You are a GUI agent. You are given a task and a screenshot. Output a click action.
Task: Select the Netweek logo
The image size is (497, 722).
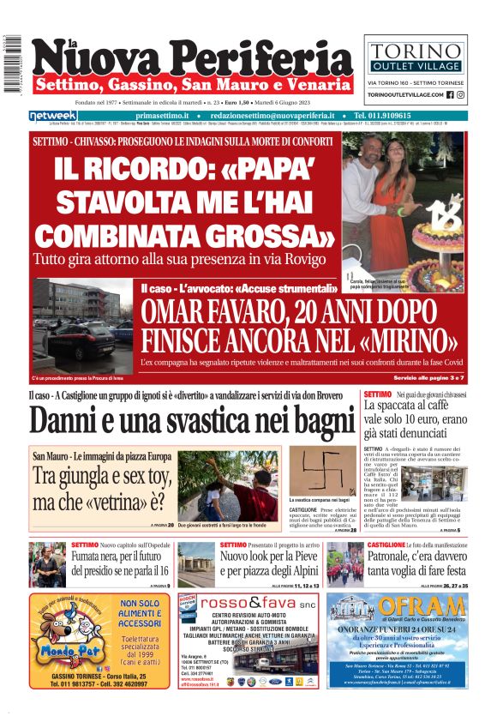[x=53, y=116]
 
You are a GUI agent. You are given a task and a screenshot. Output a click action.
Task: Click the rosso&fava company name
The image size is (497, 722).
[x=259, y=603]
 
